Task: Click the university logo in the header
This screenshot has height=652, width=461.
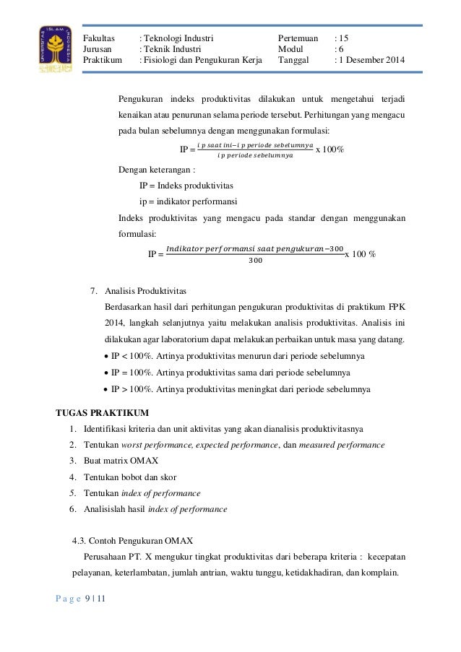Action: (55, 48)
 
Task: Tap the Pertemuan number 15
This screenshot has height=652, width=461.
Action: (344, 35)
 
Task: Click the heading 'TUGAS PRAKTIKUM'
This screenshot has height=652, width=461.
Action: (103, 413)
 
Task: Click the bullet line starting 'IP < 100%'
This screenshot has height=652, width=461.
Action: (238, 357)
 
